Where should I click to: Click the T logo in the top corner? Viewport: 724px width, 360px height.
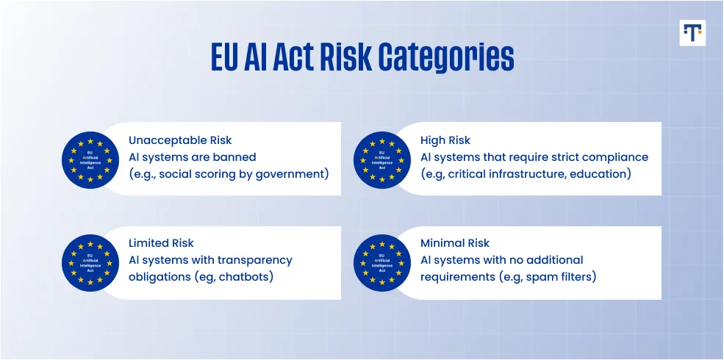tap(692, 32)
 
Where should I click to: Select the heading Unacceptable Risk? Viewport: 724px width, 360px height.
tap(180, 140)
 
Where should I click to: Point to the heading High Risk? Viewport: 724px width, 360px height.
tap(445, 140)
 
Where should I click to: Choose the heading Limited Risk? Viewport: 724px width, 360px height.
tap(161, 242)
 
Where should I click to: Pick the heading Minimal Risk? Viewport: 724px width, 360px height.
tap(455, 242)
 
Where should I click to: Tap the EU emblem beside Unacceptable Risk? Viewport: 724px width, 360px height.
tap(90, 159)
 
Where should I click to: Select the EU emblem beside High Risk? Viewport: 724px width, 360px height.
tap(382, 159)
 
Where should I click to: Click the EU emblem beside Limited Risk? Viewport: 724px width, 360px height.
tap(90, 263)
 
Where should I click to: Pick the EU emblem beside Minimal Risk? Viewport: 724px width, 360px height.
tap(382, 263)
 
